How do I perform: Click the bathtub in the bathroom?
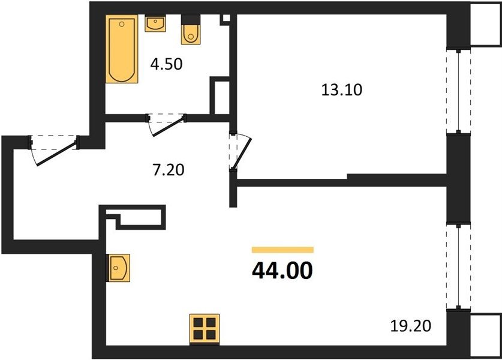[122, 49]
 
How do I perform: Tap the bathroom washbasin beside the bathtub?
[155, 23]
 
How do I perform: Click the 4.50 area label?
[167, 64]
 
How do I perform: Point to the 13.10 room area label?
[342, 89]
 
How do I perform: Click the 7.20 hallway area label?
[169, 170]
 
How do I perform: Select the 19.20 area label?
[411, 326]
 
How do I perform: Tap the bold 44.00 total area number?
[282, 271]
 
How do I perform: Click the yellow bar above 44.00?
[282, 250]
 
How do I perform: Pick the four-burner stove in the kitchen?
[205, 329]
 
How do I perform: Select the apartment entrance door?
[54, 150]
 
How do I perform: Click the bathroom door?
[166, 124]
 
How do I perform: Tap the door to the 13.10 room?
[241, 151]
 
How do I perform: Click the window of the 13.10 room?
[458, 91]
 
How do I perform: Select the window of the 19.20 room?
[458, 266]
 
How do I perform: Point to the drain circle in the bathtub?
[122, 24]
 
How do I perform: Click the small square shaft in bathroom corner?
[226, 18]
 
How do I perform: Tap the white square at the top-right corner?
[486, 25]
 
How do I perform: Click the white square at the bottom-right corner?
[486, 335]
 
